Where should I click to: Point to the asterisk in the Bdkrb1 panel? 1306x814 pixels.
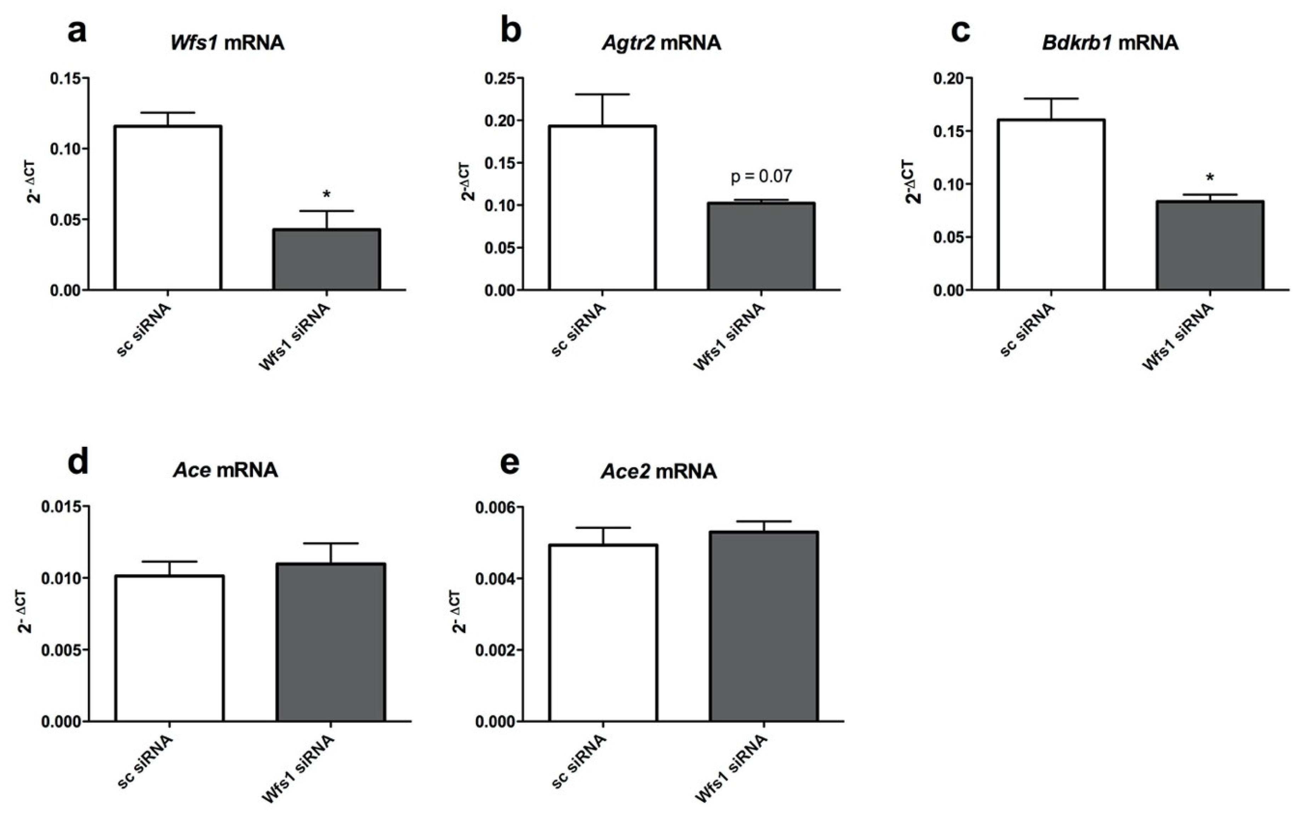coord(1210,178)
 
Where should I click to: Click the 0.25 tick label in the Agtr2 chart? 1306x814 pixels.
coord(500,79)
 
